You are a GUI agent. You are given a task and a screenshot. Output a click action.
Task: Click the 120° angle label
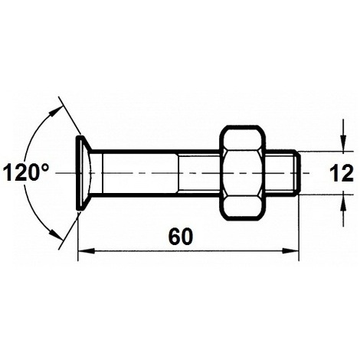(25, 172)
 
